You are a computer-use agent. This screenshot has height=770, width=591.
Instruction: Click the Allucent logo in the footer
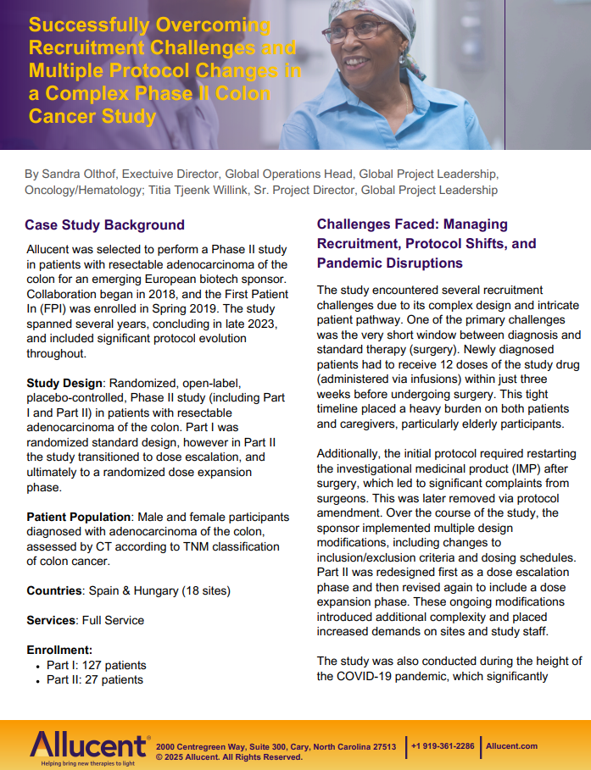pyautogui.click(x=88, y=745)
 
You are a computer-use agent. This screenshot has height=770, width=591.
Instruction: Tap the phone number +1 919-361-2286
pyautogui.click(x=443, y=745)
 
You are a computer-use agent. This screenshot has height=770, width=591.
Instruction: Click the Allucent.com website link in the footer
pyautogui.click(x=512, y=745)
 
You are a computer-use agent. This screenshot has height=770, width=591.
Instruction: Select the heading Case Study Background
pyautogui.click(x=104, y=225)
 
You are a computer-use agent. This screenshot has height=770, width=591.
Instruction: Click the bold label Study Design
pyautogui.click(x=64, y=383)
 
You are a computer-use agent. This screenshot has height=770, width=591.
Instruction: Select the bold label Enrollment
pyautogui.click(x=59, y=650)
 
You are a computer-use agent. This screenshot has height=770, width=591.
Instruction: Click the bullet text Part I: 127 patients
pyautogui.click(x=96, y=665)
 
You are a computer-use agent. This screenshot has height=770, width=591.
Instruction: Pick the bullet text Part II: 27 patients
pyautogui.click(x=95, y=679)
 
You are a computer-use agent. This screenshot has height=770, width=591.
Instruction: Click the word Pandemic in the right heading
pyautogui.click(x=351, y=263)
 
